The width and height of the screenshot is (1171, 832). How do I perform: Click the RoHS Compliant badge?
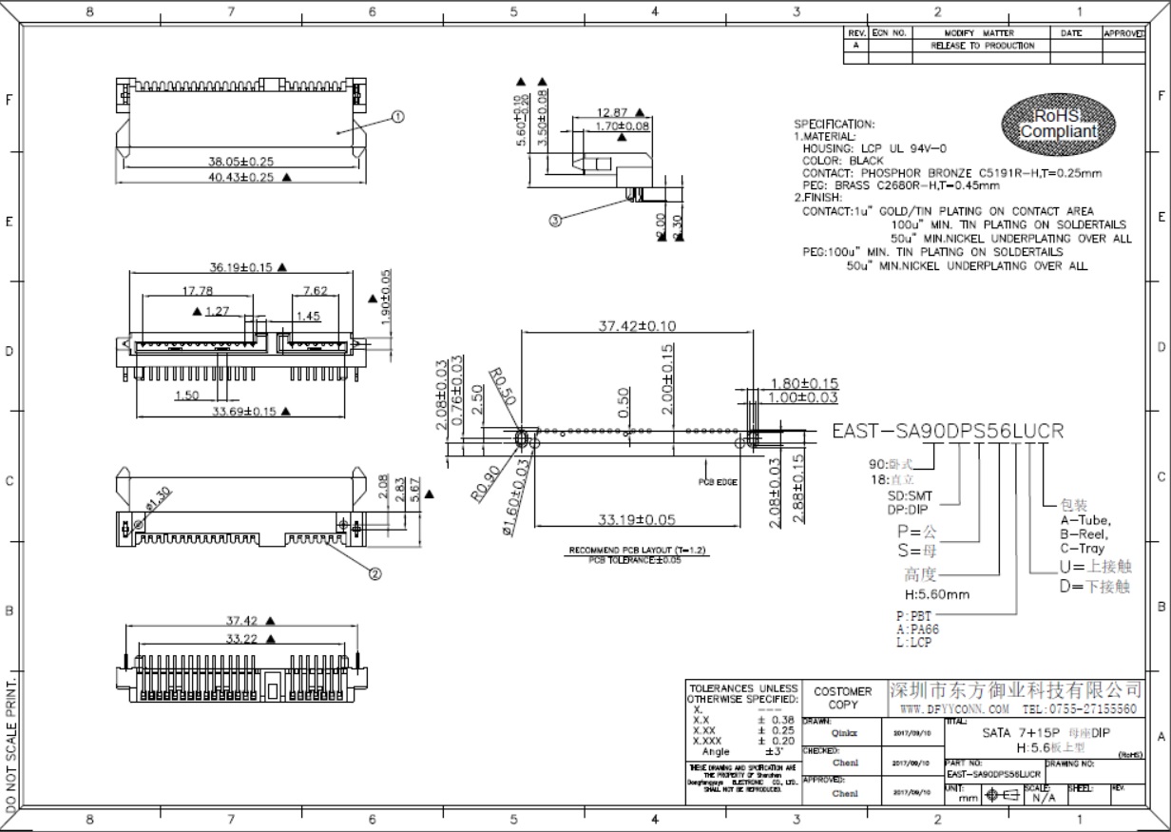click(x=1058, y=124)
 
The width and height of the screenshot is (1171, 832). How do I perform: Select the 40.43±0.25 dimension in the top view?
click(x=232, y=177)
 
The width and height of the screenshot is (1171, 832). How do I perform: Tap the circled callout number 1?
click(x=397, y=117)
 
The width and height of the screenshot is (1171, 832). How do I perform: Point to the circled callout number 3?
click(x=555, y=219)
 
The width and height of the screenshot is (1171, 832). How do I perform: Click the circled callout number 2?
click(x=374, y=573)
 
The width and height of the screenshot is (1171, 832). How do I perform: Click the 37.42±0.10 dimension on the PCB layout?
click(x=636, y=326)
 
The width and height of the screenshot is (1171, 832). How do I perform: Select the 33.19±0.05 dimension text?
click(x=636, y=520)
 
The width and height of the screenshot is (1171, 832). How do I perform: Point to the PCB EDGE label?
click(x=720, y=482)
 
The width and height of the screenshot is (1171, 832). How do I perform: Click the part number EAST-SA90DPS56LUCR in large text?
click(x=947, y=431)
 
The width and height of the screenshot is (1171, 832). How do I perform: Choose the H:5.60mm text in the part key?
click(x=937, y=595)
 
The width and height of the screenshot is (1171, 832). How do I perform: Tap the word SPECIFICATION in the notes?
click(x=834, y=125)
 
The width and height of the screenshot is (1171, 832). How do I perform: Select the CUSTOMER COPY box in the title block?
click(x=842, y=698)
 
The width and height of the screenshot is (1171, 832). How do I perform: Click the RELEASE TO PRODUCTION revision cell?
click(x=982, y=46)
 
